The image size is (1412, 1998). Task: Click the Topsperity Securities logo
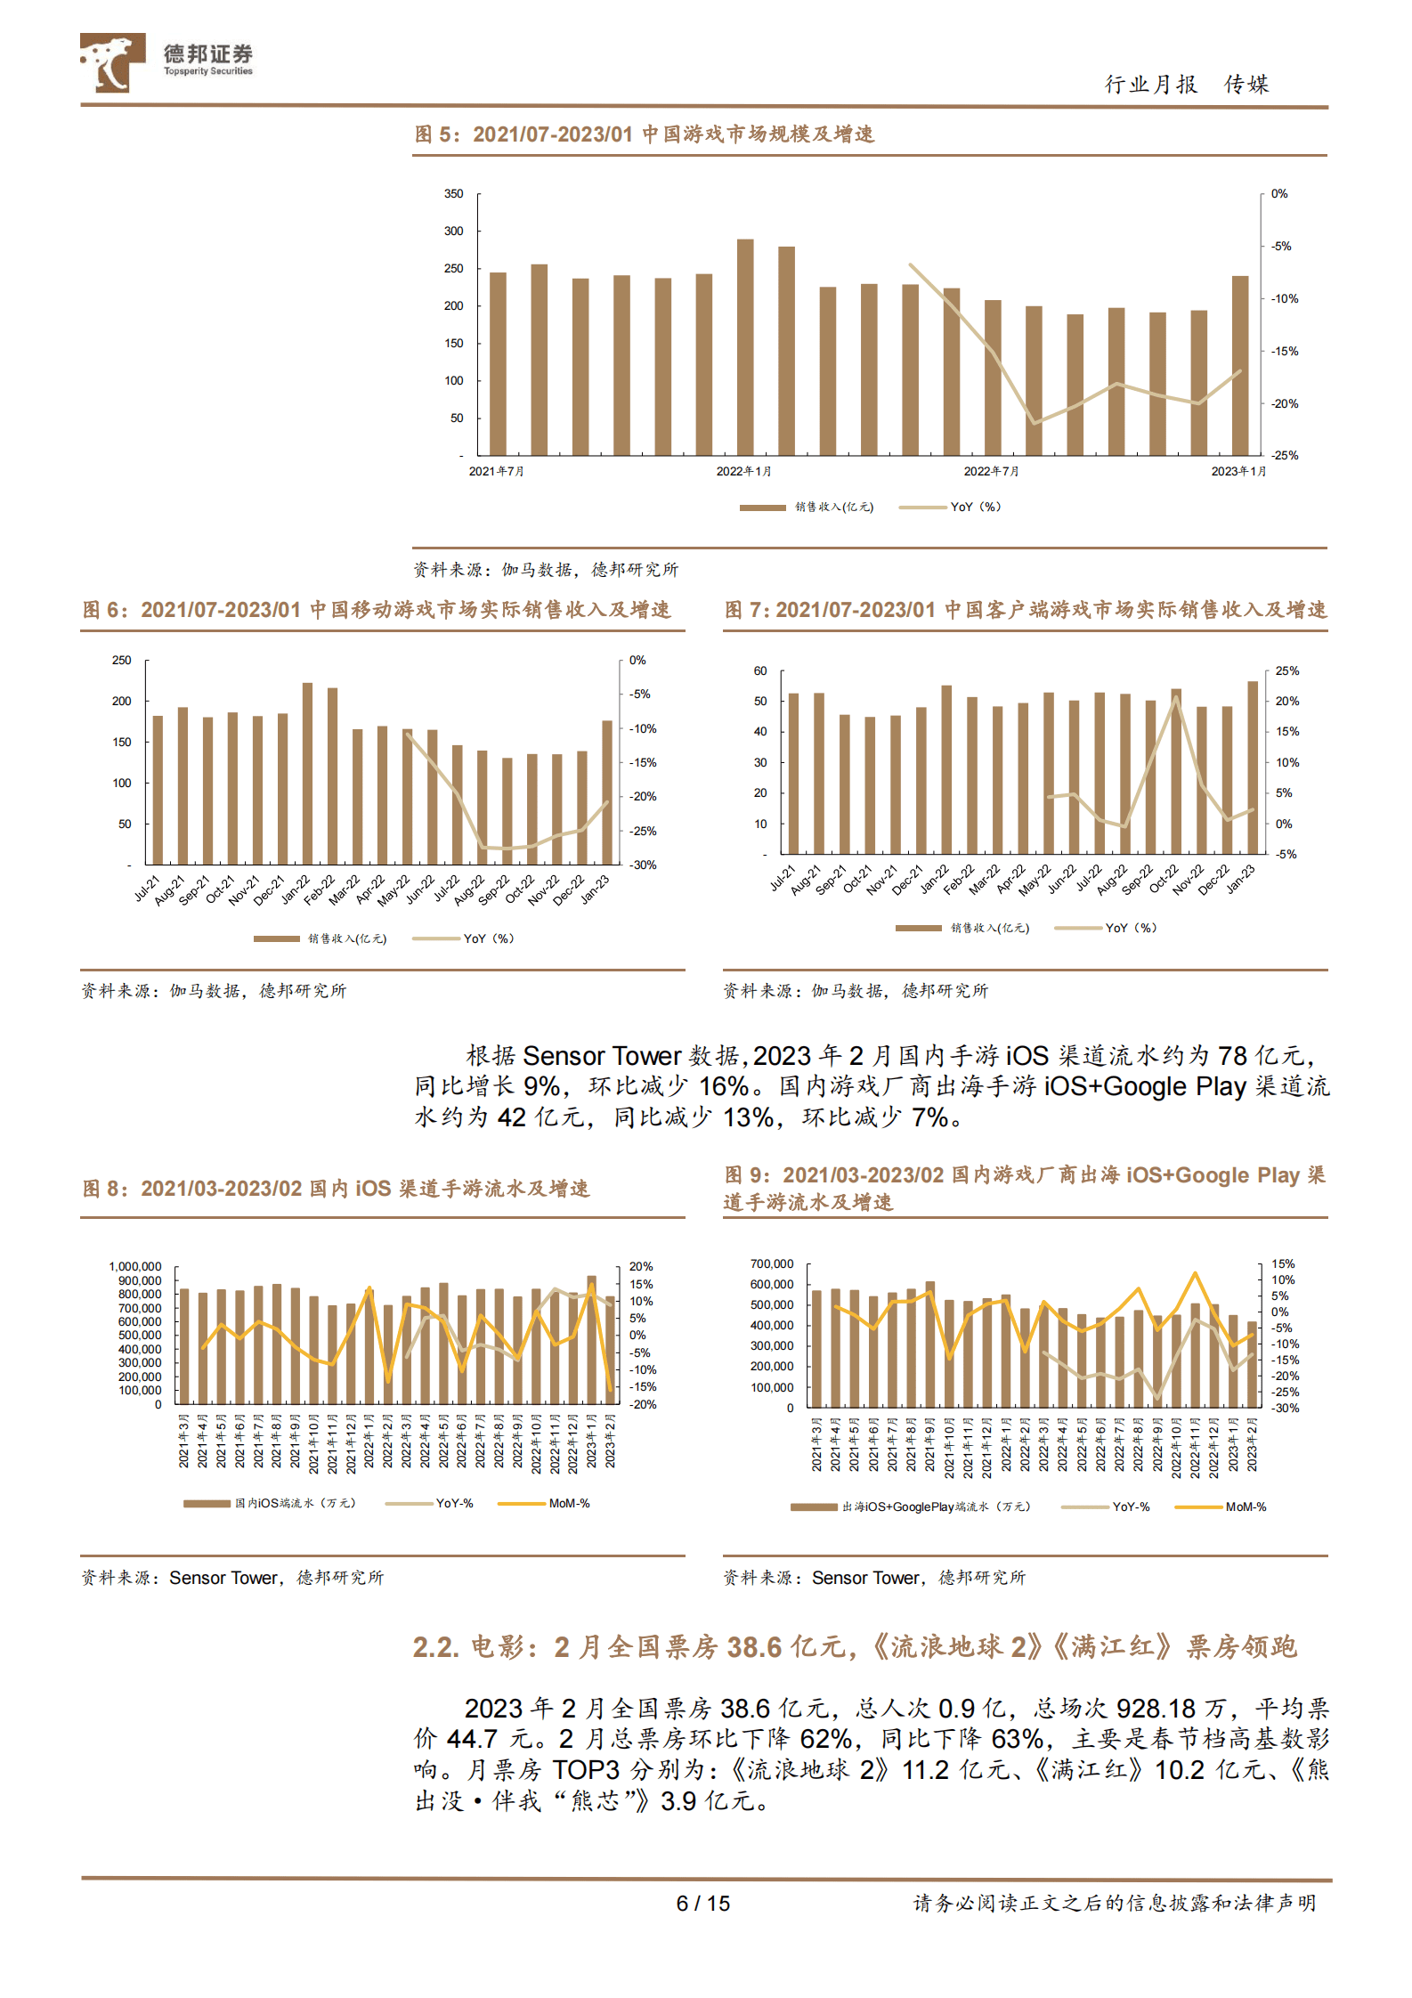click(x=166, y=61)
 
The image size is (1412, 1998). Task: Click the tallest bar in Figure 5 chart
click(x=745, y=347)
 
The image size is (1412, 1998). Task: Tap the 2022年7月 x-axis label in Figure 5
click(x=991, y=472)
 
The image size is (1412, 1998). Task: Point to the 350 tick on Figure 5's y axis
click(x=454, y=194)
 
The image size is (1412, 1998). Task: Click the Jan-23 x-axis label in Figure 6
click(x=596, y=889)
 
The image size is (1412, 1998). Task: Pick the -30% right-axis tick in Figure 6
click(x=643, y=865)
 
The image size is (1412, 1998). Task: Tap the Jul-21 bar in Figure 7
click(x=793, y=773)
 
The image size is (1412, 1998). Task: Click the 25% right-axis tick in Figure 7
click(x=1286, y=671)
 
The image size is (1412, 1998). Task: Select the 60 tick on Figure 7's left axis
click(x=760, y=671)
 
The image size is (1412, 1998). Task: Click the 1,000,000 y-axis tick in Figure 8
click(x=135, y=1267)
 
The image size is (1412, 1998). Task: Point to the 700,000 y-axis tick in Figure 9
click(x=772, y=1264)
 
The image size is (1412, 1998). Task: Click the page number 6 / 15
click(x=702, y=1904)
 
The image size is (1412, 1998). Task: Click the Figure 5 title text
click(x=645, y=134)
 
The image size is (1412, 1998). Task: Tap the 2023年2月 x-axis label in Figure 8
click(x=611, y=1440)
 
